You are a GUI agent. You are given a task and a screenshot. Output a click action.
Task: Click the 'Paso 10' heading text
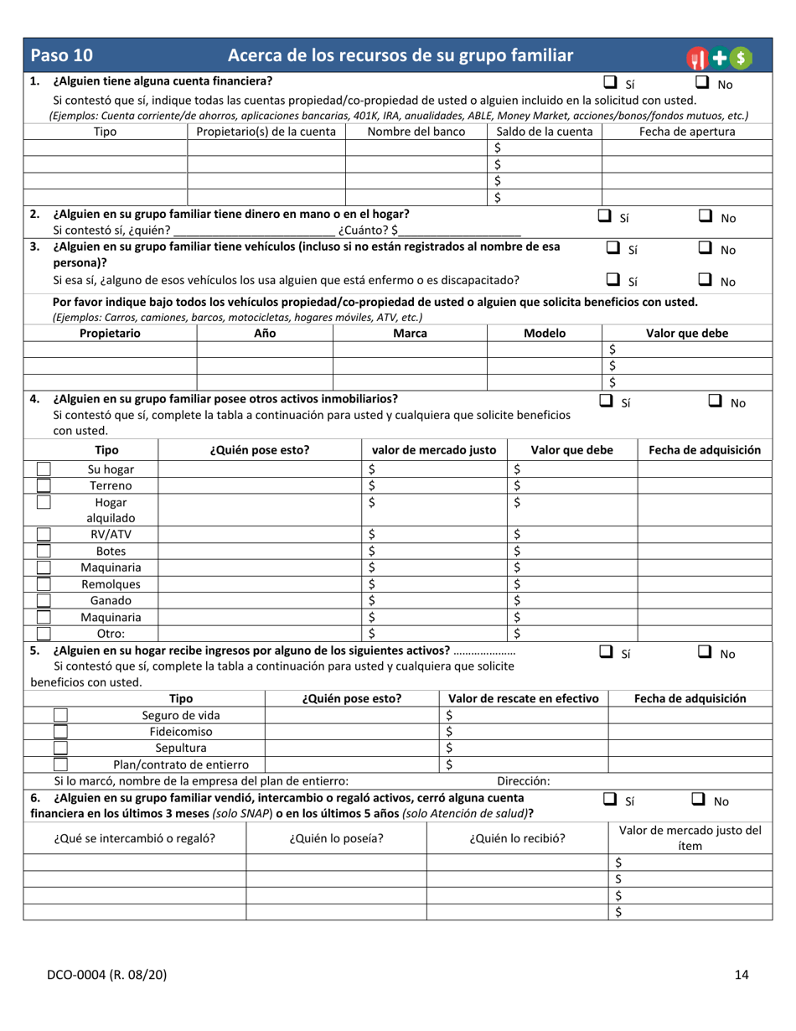[x=61, y=56]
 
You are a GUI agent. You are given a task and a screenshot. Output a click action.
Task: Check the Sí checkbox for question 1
[x=611, y=82]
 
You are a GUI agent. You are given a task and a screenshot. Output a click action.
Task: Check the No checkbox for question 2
[x=706, y=216]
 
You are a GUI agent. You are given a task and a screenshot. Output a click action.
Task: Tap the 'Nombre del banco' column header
[x=416, y=132]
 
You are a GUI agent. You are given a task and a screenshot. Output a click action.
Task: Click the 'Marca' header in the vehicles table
[x=410, y=333]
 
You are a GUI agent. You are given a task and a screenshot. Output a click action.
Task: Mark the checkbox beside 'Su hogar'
[x=44, y=469]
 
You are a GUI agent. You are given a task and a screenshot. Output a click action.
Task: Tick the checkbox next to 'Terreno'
[x=44, y=485]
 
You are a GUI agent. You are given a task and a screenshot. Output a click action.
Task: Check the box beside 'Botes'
[x=44, y=551]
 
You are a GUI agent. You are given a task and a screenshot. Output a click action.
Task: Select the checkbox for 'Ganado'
[x=44, y=600]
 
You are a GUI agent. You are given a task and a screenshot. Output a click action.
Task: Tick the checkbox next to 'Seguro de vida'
[x=61, y=715]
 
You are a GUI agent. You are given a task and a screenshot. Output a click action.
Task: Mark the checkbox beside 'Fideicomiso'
[x=61, y=731]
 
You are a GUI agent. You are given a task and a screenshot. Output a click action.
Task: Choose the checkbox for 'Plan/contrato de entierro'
[x=61, y=764]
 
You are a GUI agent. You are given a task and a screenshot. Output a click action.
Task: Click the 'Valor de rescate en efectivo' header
[x=524, y=698]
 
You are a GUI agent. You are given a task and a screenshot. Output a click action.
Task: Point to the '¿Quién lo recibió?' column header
[x=516, y=837]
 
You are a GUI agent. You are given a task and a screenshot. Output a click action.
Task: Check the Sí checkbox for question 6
[x=610, y=800]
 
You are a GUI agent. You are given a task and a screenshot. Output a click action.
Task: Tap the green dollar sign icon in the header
[x=740, y=57]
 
